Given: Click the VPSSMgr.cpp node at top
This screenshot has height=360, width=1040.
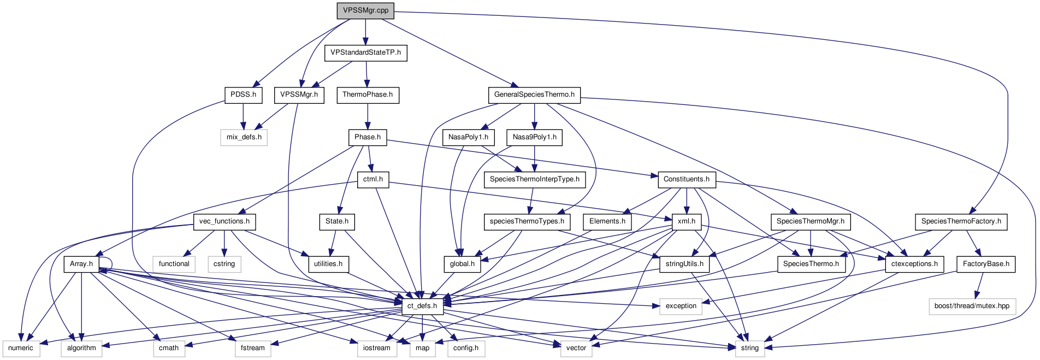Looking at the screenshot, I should pos(365,10).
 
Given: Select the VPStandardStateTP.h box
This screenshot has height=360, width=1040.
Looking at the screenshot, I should pos(365,52).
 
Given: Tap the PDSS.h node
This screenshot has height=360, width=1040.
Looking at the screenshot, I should pos(243,95).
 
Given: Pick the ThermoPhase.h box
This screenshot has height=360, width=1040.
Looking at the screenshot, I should pos(368,95).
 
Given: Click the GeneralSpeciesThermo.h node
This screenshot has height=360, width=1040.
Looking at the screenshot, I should pos(534,95).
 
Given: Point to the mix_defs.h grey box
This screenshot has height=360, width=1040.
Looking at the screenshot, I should pos(244,137).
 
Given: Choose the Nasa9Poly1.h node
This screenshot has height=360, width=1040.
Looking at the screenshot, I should pos(534,137).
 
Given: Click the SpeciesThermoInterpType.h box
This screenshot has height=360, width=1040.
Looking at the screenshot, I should pos(534,179).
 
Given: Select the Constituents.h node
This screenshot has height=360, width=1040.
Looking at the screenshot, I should pos(686,179).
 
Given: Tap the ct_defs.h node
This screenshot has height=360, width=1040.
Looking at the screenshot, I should pos(422,306).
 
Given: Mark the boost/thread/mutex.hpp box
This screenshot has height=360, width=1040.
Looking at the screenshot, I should pos(972,306).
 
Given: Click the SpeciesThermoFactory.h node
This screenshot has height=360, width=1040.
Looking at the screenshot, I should pos(961,221).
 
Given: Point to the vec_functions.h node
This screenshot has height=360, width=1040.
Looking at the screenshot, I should pos(224,221).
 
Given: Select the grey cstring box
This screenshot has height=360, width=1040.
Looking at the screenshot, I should pos(224,264).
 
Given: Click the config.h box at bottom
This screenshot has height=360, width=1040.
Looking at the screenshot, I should pos(466,348).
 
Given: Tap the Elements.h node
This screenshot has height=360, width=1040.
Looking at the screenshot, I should pos(607,221).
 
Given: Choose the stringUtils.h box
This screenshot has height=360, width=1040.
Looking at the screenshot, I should pos(684,264).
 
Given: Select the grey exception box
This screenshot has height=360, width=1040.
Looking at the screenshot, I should pos(681,306).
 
